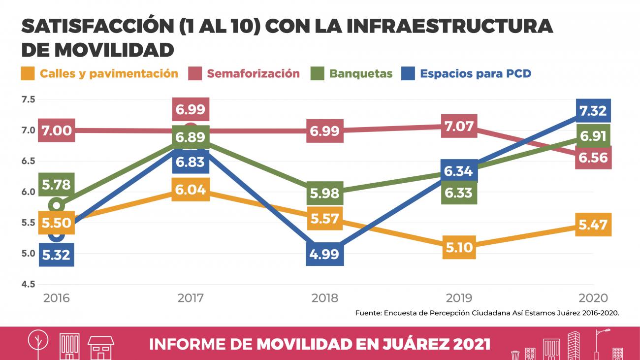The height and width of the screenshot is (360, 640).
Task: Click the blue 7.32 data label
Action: [593, 111]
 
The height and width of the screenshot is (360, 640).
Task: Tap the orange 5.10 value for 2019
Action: [459, 247]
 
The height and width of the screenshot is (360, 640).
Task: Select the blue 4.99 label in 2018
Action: [324, 255]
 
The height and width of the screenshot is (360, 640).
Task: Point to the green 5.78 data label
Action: [56, 185]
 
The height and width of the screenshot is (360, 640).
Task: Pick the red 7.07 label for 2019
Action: [459, 127]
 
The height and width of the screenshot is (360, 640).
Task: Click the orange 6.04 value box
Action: [191, 189]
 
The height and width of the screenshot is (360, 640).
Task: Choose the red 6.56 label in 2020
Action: [593, 158]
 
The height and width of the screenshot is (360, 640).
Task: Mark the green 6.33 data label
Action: [459, 193]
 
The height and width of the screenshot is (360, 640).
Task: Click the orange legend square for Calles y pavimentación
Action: [28, 74]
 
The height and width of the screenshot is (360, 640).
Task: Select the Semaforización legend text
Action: [253, 74]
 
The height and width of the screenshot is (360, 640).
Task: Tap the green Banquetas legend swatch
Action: [318, 74]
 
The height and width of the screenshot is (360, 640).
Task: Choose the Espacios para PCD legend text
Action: [475, 74]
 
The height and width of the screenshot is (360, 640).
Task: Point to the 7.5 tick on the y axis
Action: [29, 99]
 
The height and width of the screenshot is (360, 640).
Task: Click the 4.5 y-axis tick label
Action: [29, 284]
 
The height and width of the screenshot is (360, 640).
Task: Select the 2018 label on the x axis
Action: [324, 298]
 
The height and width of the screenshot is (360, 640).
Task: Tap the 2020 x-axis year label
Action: [593, 298]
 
